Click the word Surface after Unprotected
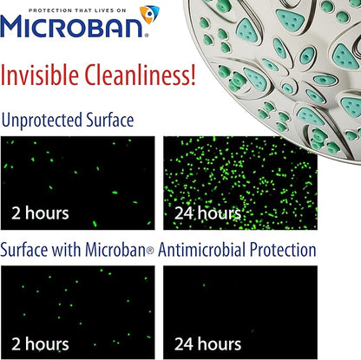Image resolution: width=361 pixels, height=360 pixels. pos(121,120)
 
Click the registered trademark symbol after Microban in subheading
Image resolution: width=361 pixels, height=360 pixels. pos(147,251)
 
